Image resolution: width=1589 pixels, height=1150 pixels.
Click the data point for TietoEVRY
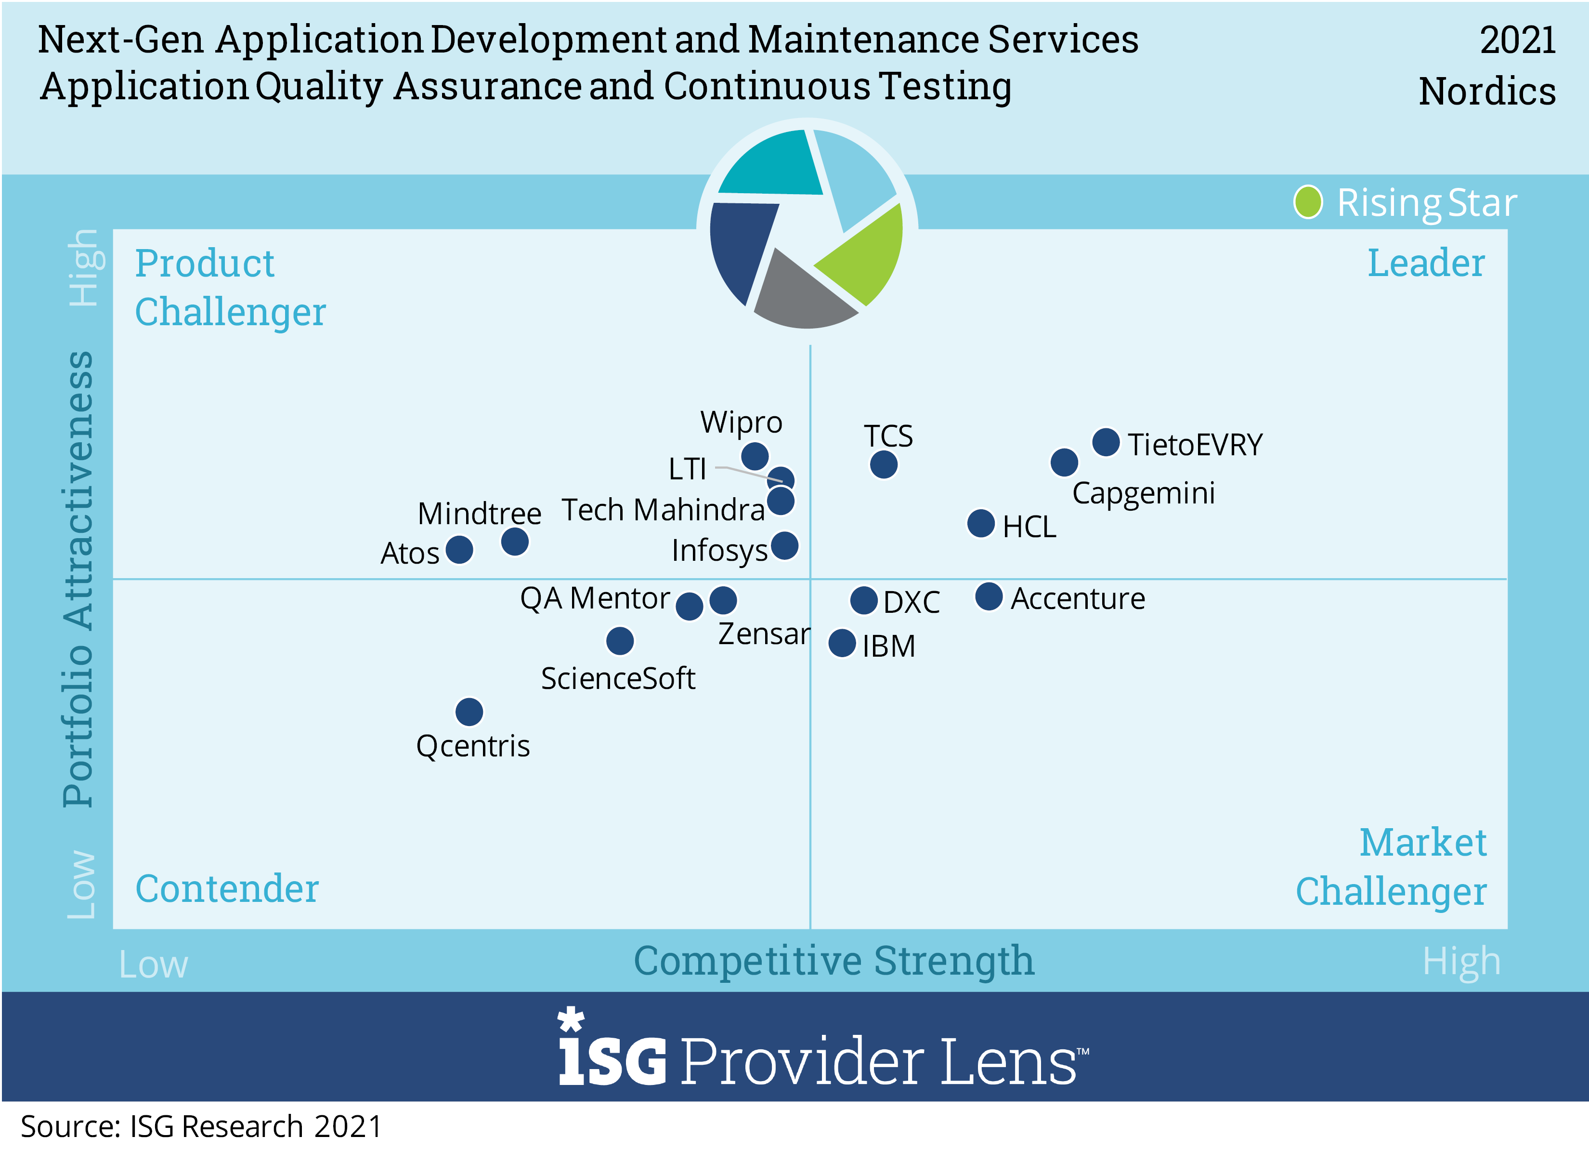pos(1106,442)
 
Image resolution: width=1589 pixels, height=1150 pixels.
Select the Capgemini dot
pos(1064,462)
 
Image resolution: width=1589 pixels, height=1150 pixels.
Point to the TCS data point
pos(884,464)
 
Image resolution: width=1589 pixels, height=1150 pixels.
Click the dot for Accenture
pos(989,596)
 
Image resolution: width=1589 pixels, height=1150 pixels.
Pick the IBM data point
pos(842,643)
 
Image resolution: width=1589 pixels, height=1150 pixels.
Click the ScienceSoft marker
pos(619,641)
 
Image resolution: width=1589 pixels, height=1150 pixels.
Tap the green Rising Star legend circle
pos(1307,202)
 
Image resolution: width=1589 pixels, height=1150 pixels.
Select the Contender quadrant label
pos(226,888)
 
